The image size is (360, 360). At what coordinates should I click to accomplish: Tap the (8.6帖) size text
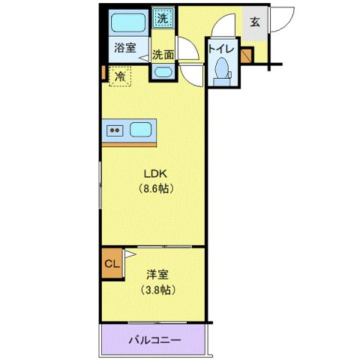coord(155,188)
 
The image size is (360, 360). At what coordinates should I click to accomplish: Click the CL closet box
coord(112,264)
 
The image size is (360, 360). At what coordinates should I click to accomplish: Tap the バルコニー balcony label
coord(154,340)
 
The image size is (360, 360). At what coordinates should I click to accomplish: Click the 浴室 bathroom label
coord(124,48)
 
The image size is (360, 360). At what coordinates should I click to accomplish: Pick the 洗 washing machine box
coord(163,16)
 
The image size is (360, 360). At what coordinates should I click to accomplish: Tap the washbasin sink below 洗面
coord(163,72)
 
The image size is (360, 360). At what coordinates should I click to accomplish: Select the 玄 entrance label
coord(254,21)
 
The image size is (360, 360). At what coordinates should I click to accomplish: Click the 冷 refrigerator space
coord(119,75)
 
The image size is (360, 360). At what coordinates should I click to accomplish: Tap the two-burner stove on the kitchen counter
coord(116,129)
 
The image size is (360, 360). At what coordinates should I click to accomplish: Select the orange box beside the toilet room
coord(247,54)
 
